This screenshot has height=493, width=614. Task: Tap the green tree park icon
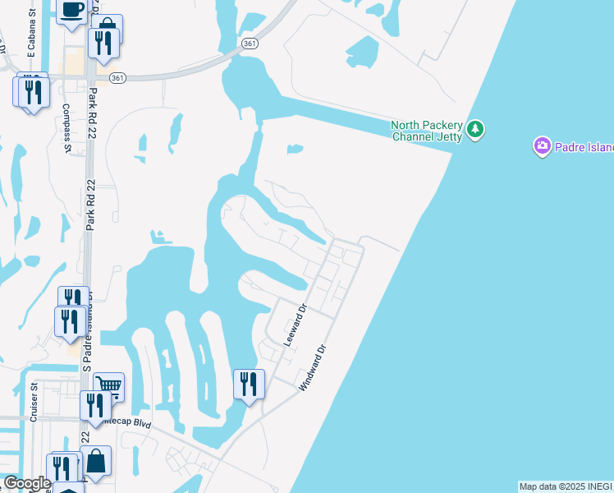click(x=475, y=130)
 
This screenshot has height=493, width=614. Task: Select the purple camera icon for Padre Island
click(x=542, y=147)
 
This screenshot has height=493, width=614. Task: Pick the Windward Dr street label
click(x=312, y=366)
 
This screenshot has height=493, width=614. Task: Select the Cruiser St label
click(x=34, y=403)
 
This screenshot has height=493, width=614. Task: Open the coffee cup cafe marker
click(x=72, y=11)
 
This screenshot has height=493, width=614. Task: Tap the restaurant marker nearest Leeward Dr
click(x=249, y=385)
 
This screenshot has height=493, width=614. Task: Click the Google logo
click(x=26, y=483)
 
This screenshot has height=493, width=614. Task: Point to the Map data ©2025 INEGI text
click(x=566, y=486)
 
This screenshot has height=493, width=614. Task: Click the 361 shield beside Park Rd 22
click(x=118, y=77)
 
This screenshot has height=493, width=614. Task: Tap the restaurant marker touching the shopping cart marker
click(x=94, y=404)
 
